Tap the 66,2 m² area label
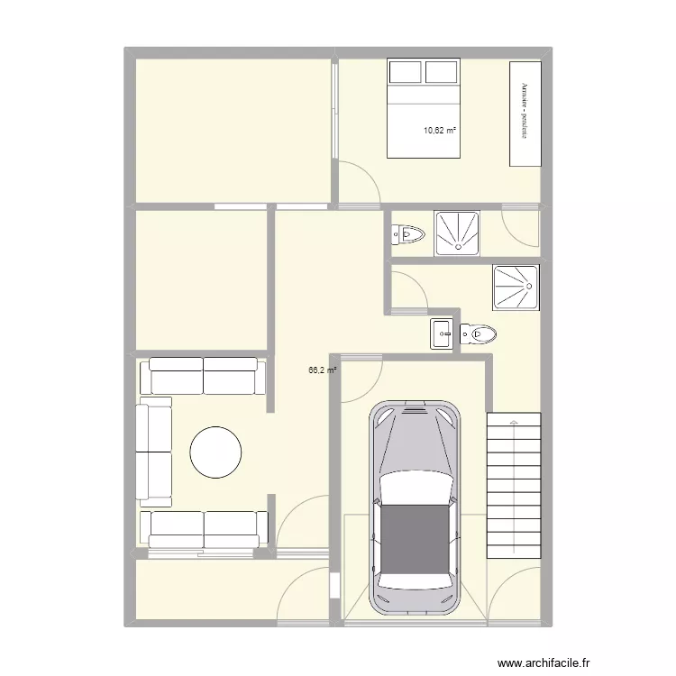coord(323,370)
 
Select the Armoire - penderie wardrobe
coord(525,114)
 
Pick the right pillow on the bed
coord(442,71)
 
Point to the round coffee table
coord(215,452)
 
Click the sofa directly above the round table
coord(203,376)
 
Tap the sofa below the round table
coord(204,529)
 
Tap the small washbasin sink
coord(443,333)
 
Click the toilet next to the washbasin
coord(478,335)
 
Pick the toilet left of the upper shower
coord(408,235)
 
